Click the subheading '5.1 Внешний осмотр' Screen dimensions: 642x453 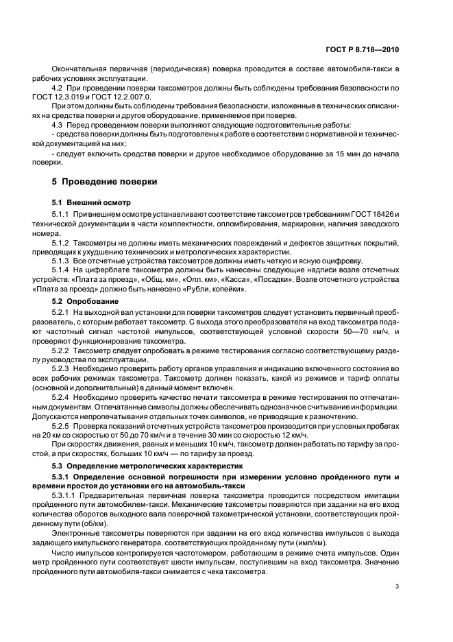pos(87,204)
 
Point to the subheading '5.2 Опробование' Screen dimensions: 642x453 pos(80,301)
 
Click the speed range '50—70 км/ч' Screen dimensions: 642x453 pos(341,332)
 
